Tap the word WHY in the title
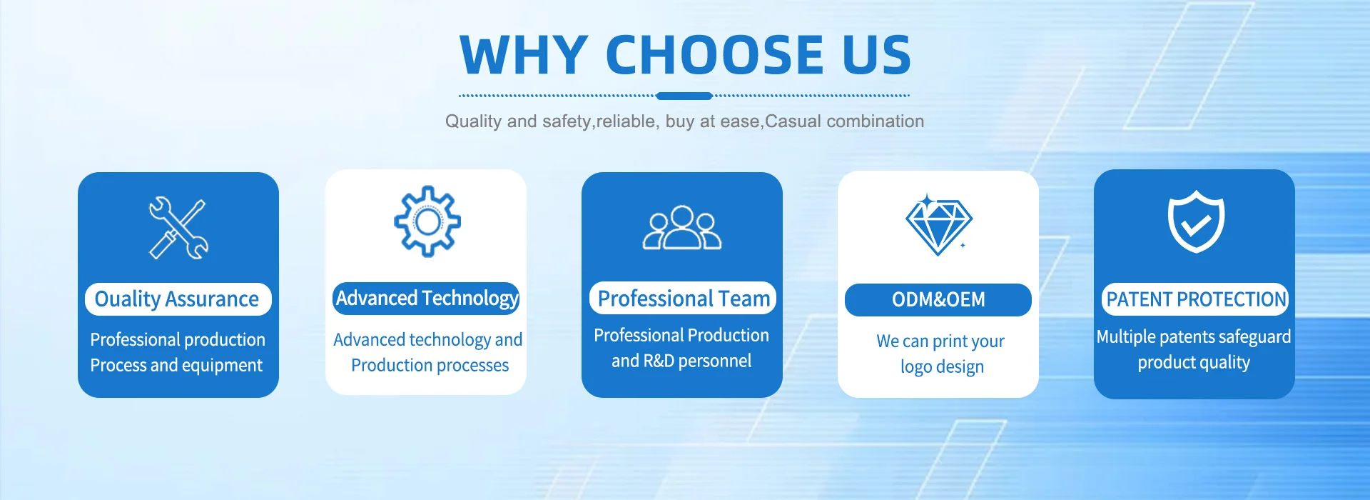coord(524,55)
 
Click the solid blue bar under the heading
coord(684,96)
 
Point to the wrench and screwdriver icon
coord(178,228)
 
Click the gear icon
coord(427,221)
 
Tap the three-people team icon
coord(682,228)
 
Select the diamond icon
coord(938,224)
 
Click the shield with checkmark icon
coord(1196,221)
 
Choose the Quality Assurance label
coord(178,299)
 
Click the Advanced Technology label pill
coord(426,299)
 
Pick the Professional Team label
coord(683,299)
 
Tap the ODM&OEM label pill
coord(938,300)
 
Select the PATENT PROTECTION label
coord(1195,300)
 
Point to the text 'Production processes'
coord(430,366)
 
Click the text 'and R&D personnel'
coord(681,361)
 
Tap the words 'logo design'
coord(942,367)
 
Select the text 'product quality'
coord(1194,363)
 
